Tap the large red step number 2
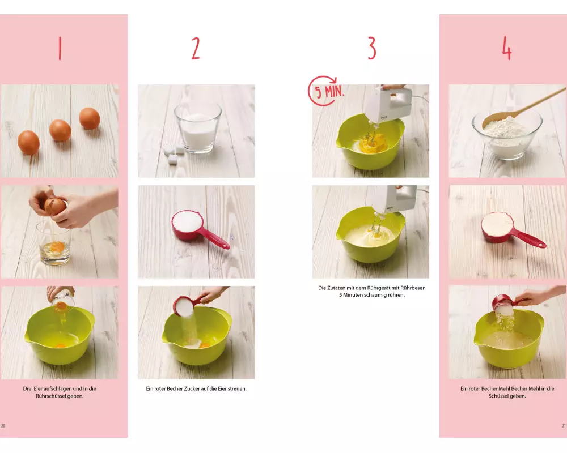[x=196, y=48]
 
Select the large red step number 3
[x=372, y=48]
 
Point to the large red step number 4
[x=506, y=48]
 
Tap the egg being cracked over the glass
[x=55, y=207]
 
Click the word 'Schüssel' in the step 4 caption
[x=498, y=396]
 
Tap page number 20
[x=3, y=426]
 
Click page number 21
[x=564, y=426]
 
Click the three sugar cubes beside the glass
[x=174, y=156]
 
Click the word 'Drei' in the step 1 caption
[x=27, y=388]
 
